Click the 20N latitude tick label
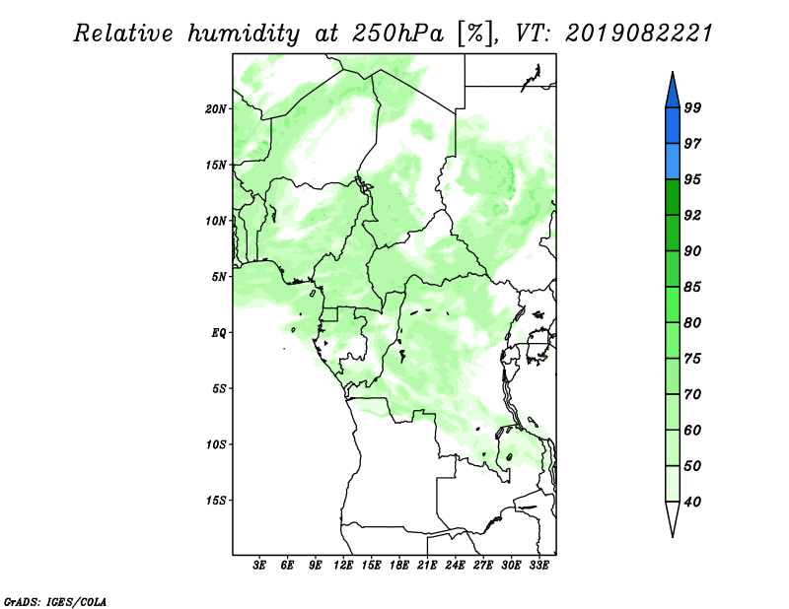[216, 109]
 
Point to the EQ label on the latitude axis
[219, 333]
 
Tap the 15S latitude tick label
[216, 501]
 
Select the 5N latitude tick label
[219, 277]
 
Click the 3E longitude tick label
[259, 566]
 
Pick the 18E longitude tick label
[399, 566]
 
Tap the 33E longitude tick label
[538, 566]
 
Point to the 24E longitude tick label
[455, 566]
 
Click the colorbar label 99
[692, 107]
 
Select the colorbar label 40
[692, 502]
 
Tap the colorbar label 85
[692, 287]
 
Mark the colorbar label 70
[692, 394]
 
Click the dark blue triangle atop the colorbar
[673, 93]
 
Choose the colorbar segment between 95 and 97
[673, 162]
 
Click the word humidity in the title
[244, 34]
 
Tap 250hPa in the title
[397, 34]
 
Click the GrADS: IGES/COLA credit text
[55, 601]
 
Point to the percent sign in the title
[474, 34]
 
